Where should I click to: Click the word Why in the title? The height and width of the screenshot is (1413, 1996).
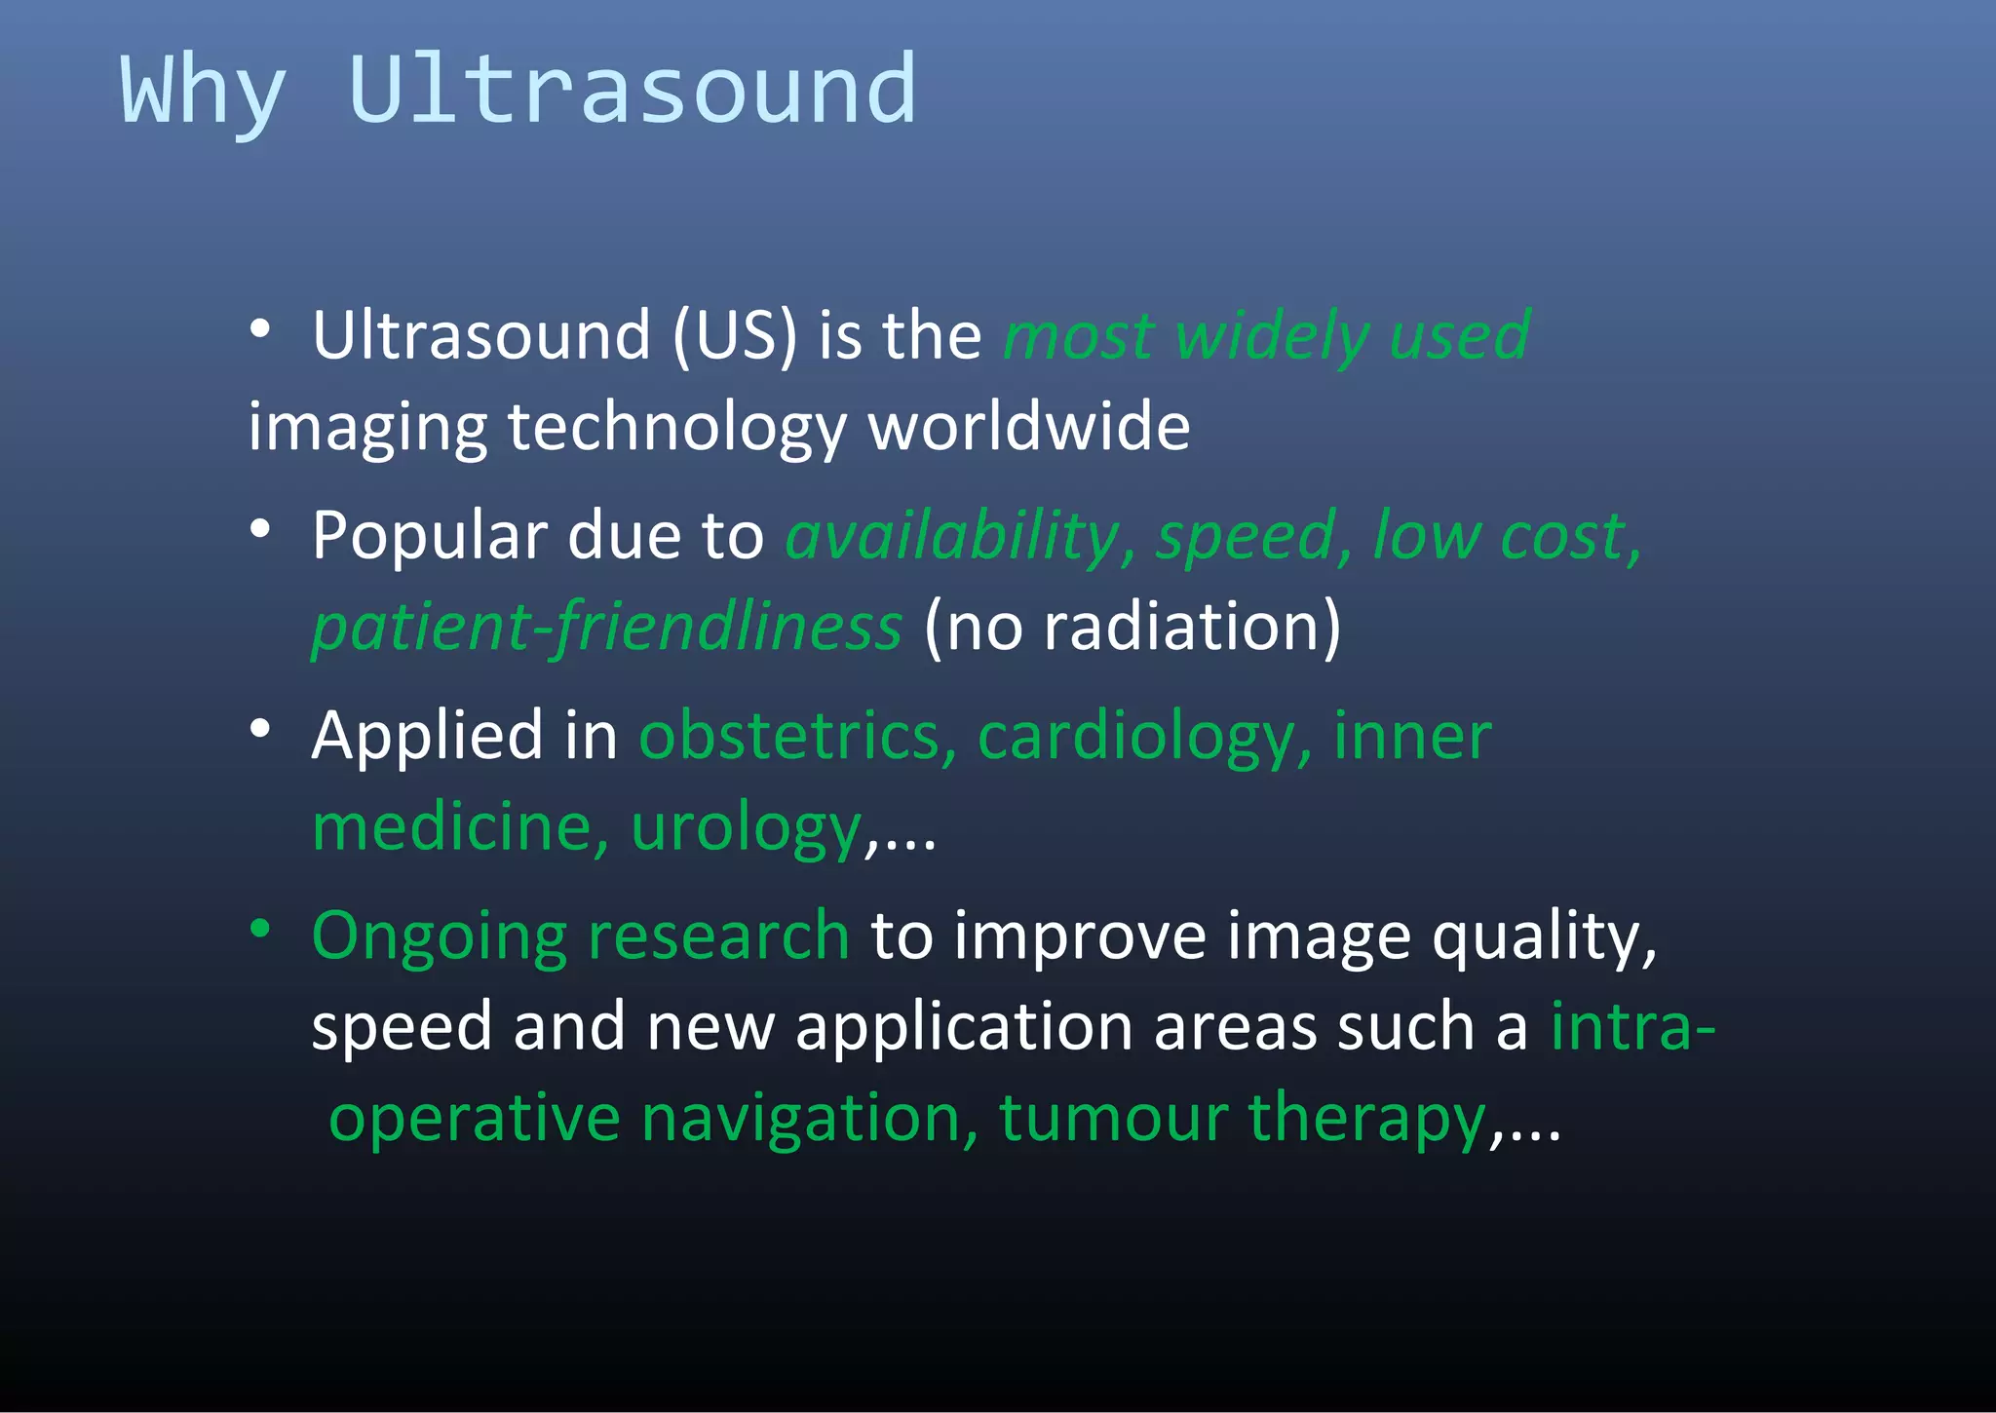pyautogui.click(x=203, y=93)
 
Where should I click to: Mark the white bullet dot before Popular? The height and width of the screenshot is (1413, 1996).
pyautogui.click(x=259, y=528)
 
